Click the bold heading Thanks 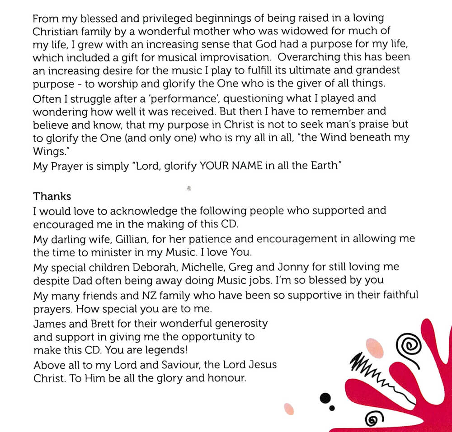[x=52, y=196]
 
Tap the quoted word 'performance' [x=167, y=98]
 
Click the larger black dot [x=324, y=398]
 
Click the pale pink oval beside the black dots [x=288, y=409]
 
